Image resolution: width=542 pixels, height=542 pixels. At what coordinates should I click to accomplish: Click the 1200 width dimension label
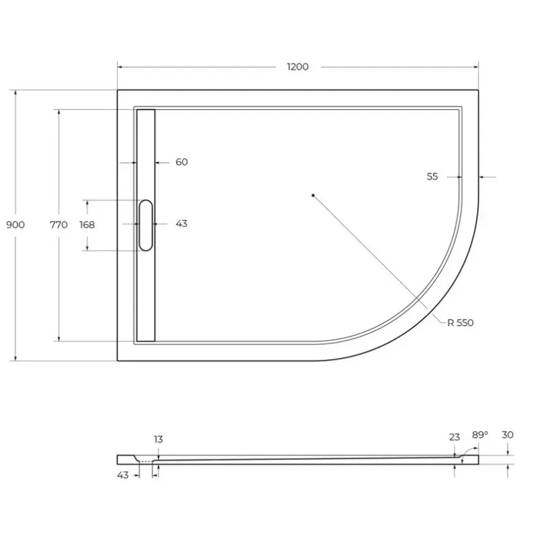[297, 66]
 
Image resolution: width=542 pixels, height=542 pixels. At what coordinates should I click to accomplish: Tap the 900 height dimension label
[16, 225]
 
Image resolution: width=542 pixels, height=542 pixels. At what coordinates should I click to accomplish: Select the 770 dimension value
[59, 225]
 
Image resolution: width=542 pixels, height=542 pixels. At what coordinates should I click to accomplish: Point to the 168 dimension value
[87, 225]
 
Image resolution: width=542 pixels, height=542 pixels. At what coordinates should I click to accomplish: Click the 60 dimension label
[182, 162]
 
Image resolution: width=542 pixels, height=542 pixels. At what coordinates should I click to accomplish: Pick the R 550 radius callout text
[461, 323]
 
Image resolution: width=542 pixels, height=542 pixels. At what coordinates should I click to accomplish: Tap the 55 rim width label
[432, 177]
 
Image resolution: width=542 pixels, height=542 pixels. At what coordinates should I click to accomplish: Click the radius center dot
[313, 195]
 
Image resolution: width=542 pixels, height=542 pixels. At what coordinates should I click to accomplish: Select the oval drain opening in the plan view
[146, 225]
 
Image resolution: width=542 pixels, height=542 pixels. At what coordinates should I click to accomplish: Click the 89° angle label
[480, 435]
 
